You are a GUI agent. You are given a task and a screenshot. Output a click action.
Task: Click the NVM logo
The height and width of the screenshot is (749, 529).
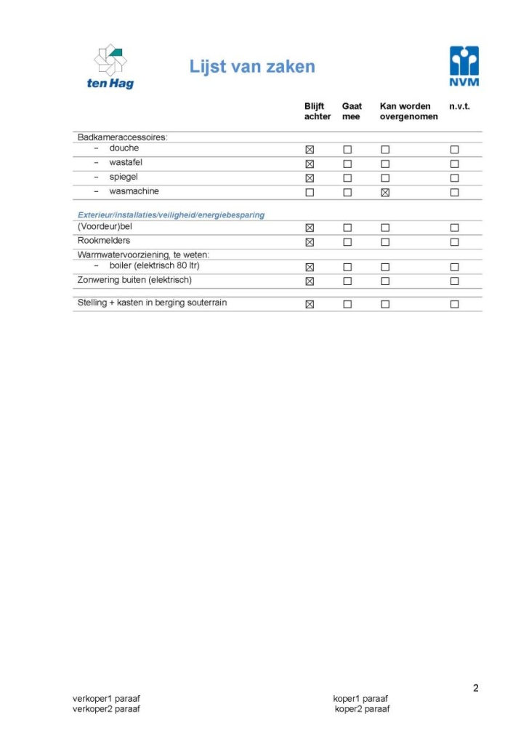click(464, 65)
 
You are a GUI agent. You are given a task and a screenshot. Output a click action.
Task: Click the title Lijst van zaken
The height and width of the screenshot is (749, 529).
click(252, 67)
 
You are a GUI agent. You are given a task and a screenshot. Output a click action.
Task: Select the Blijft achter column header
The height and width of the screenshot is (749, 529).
click(318, 111)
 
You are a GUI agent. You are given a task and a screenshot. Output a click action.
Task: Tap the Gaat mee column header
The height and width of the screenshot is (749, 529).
click(352, 111)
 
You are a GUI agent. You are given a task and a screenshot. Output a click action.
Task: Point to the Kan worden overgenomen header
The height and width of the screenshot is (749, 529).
click(408, 111)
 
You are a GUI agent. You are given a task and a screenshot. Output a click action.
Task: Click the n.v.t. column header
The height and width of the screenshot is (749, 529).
click(459, 106)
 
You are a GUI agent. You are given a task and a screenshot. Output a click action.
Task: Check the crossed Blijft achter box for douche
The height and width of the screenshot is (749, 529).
click(310, 149)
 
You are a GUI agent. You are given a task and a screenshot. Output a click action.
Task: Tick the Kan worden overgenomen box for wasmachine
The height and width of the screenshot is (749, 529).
click(385, 193)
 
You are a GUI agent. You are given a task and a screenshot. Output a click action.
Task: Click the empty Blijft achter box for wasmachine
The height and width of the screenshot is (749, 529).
click(310, 193)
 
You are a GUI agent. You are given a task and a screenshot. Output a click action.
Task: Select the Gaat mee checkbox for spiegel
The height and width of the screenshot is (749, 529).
click(347, 178)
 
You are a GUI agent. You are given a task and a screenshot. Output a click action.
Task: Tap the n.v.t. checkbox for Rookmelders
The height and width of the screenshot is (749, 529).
click(454, 242)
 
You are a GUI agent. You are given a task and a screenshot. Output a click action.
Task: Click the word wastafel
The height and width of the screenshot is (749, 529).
click(126, 162)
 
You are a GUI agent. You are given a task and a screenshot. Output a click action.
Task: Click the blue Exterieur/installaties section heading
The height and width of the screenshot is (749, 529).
click(171, 215)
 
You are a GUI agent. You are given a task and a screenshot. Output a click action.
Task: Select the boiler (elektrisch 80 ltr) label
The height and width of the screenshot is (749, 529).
click(154, 265)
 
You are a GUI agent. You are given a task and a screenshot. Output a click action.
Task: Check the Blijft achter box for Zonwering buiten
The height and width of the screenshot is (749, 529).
click(310, 281)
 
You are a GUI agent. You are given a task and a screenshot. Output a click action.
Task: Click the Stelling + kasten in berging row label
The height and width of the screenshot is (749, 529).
click(152, 303)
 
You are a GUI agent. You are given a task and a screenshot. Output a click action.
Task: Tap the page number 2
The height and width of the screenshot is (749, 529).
click(476, 688)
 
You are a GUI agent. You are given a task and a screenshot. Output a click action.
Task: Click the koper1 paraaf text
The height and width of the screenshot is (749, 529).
click(360, 699)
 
